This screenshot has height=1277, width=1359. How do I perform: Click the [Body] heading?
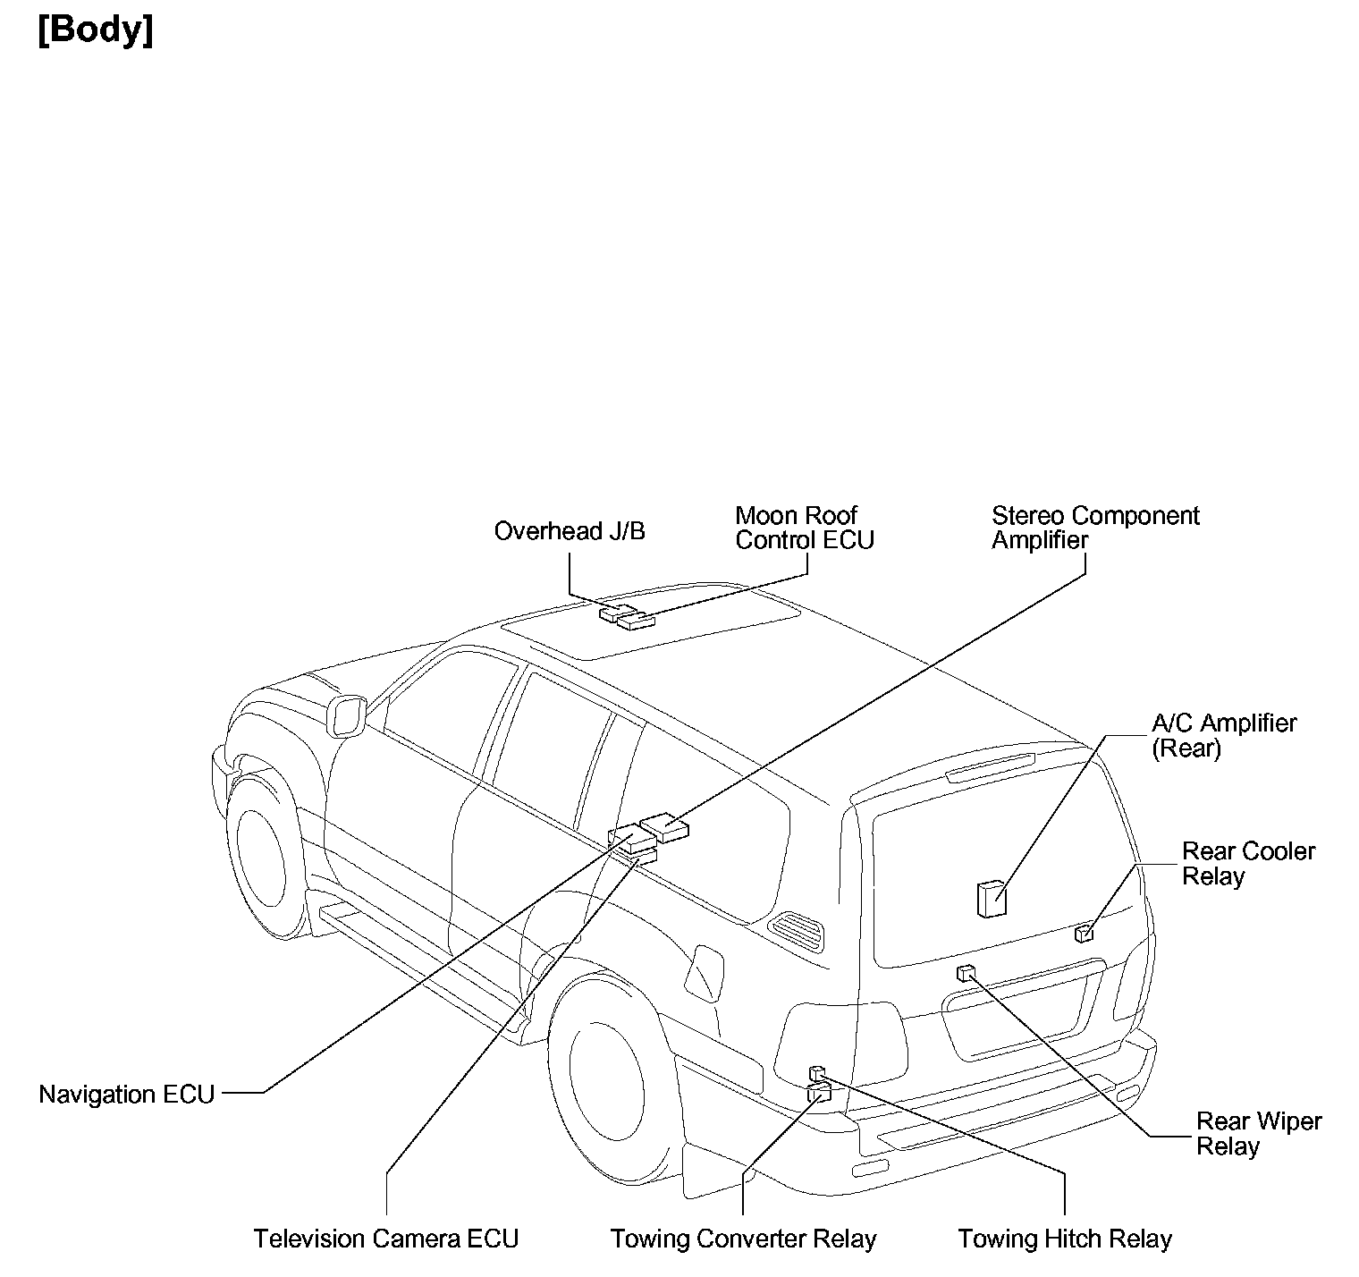click(x=96, y=30)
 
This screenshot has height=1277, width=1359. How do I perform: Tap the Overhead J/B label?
click(x=570, y=531)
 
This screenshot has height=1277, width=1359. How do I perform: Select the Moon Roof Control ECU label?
click(x=804, y=528)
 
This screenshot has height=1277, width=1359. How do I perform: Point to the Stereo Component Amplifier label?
click(x=1094, y=528)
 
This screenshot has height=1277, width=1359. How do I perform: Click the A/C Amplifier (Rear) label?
click(x=1223, y=735)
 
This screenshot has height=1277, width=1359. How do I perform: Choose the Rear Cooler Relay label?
click(x=1248, y=863)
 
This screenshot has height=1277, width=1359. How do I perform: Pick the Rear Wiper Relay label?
click(x=1258, y=1133)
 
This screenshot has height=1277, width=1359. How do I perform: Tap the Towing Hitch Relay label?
click(x=1064, y=1239)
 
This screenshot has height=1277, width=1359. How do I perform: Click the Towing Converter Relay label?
click(x=743, y=1239)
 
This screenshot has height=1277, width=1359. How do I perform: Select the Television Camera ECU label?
click(x=385, y=1239)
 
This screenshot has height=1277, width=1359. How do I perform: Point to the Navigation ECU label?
click(x=126, y=1094)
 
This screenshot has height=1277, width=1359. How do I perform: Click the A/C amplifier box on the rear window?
click(x=991, y=898)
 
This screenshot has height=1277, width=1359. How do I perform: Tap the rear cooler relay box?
click(x=1084, y=934)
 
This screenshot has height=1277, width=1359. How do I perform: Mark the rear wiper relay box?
click(x=965, y=973)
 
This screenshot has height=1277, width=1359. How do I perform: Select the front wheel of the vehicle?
click(x=258, y=858)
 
